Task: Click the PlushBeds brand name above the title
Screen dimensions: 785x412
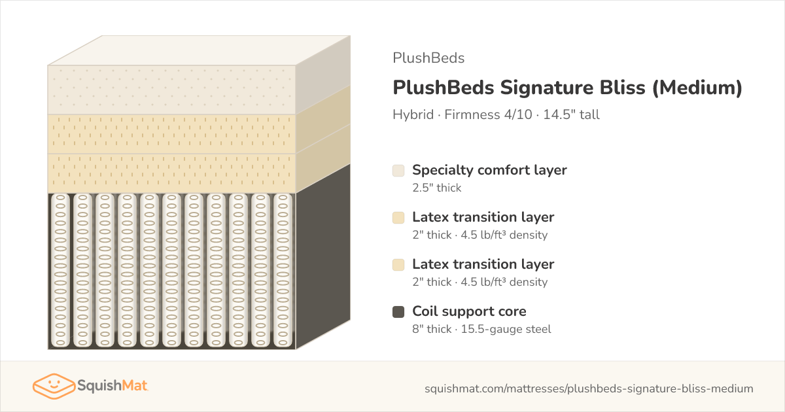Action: tap(428, 58)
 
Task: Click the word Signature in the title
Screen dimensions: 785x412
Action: tap(572, 88)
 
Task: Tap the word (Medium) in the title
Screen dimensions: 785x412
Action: tap(697, 88)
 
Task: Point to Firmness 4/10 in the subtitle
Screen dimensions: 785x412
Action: tap(488, 114)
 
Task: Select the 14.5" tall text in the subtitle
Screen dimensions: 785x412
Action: tap(571, 114)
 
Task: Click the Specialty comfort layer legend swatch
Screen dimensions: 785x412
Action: tap(398, 171)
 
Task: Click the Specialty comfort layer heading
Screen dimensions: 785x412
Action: tap(489, 170)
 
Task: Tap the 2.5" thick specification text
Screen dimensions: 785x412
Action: tap(437, 188)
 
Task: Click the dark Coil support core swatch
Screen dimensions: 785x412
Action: tap(398, 312)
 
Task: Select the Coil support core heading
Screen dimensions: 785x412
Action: tap(469, 311)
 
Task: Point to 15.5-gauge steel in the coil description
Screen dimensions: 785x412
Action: tap(506, 329)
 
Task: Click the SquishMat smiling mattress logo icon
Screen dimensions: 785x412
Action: tap(54, 386)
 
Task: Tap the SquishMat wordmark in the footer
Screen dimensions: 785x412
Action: tap(112, 386)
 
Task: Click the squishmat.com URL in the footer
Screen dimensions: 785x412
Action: tap(589, 388)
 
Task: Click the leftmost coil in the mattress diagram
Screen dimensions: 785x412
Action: tap(60, 270)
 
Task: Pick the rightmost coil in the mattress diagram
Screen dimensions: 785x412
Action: tap(283, 270)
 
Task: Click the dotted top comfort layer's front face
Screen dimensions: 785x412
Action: tap(171, 90)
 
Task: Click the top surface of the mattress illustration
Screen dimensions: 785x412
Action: tap(199, 50)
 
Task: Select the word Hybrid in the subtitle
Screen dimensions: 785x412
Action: tap(413, 114)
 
